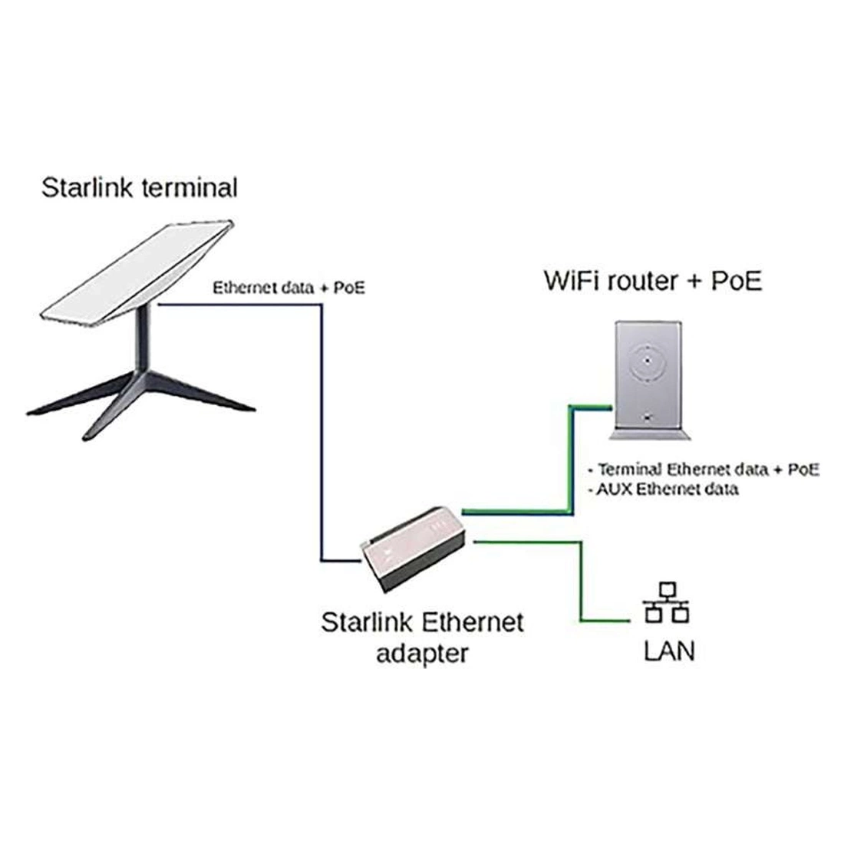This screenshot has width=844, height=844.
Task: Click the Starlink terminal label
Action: click(x=139, y=187)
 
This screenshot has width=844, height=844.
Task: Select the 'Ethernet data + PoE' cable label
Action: click(x=288, y=288)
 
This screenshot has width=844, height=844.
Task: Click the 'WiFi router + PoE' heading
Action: click(x=653, y=280)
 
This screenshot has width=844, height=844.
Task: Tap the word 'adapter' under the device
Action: click(x=421, y=654)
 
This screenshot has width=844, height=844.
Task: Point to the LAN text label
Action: click(x=668, y=651)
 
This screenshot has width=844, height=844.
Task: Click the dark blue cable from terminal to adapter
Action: click(x=321, y=422)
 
